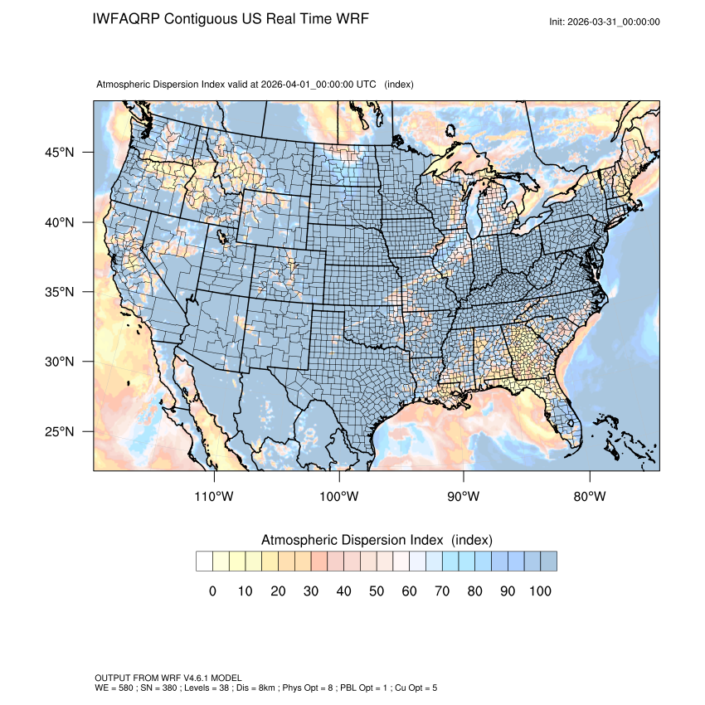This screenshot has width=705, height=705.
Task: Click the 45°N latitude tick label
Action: (60, 153)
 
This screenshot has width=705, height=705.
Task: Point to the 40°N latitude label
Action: (60, 222)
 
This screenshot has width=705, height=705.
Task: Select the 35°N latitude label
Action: (60, 292)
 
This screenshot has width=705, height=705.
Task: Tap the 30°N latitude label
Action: (60, 362)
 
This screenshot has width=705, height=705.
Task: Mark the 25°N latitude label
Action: (60, 431)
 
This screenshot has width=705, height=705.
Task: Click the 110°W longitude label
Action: (215, 497)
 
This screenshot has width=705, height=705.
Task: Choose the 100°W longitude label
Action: (339, 497)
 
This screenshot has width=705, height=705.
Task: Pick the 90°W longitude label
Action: (464, 497)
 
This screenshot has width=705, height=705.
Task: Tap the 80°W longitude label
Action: (589, 497)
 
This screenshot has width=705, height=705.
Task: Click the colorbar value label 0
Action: (212, 591)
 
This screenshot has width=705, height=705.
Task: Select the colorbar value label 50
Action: (377, 591)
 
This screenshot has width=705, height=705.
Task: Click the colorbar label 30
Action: (311, 591)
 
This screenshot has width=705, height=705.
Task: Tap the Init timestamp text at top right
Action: (605, 22)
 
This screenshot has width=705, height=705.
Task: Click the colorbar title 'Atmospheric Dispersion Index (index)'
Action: (377, 540)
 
